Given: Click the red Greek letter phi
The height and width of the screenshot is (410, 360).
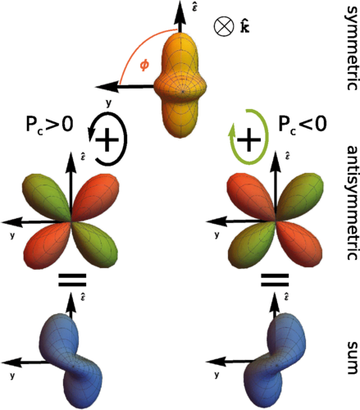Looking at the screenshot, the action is coord(144,66).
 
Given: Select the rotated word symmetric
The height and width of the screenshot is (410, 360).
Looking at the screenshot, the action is coord(351,48).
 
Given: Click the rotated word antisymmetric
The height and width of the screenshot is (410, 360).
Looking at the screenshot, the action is coord(351,203).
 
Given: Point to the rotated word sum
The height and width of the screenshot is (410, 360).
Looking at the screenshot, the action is coord(352,358).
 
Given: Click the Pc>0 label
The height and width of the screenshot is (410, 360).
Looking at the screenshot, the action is coord(49,125).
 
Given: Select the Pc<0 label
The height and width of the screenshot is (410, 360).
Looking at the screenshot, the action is coord(303,125).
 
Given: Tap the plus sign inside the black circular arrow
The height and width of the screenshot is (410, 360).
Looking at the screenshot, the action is coord(107,139).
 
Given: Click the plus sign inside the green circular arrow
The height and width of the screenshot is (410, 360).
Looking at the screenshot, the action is coord(248,139).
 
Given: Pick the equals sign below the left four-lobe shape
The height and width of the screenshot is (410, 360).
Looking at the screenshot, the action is coord(72,280).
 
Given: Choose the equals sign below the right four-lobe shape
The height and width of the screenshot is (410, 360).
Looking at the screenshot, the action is coord(275,280).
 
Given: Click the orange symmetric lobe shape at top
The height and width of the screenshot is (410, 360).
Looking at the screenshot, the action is coord(180,84).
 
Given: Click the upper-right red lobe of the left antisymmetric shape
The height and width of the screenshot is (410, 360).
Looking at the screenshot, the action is coord(95,198).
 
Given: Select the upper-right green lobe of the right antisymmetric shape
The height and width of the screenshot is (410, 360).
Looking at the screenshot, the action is coord(299,197).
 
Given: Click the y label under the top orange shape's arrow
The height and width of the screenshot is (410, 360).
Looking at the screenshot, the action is coord(109,103).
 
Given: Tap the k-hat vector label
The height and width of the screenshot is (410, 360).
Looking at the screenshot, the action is coord(245,27).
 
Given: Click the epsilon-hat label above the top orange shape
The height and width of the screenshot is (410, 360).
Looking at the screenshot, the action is coord(194,7).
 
